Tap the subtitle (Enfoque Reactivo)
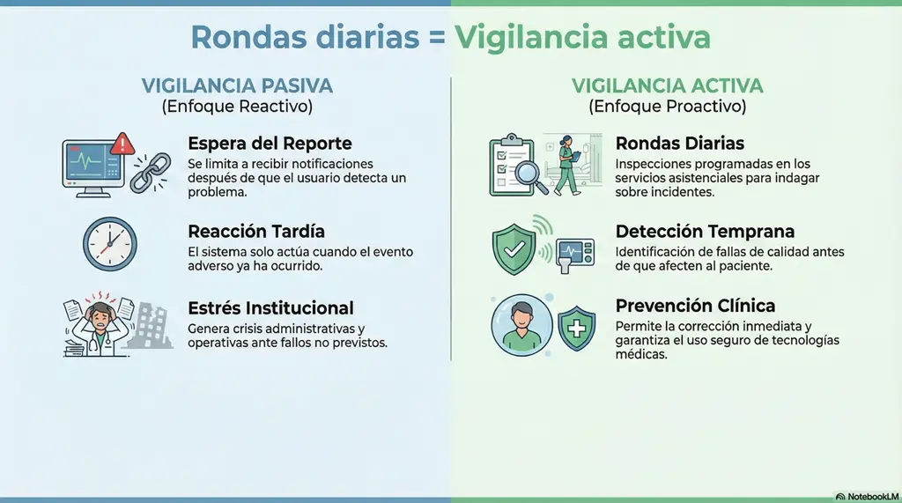point(237,107)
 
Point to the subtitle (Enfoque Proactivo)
point(667,107)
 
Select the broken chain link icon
point(151,172)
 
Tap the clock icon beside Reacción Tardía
point(110,244)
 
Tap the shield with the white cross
point(577,329)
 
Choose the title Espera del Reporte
point(270,144)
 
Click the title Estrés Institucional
point(270,308)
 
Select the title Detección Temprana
point(705,232)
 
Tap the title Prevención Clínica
point(695,306)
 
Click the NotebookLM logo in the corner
point(865,496)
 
